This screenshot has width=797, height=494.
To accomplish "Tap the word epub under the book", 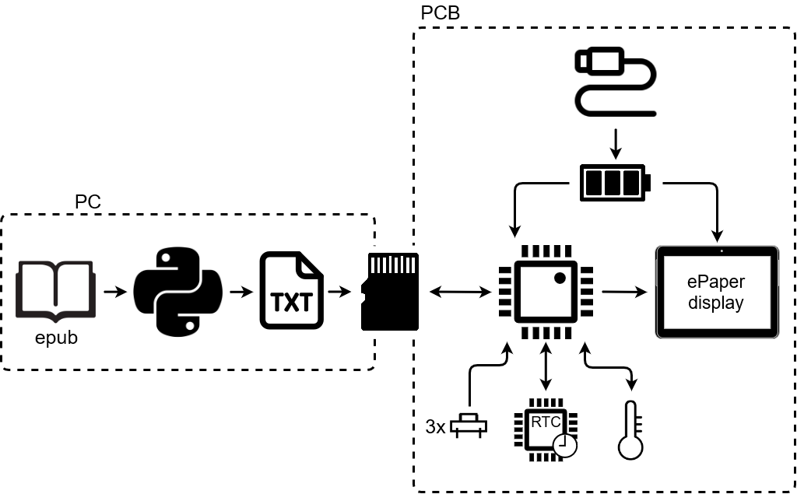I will (x=56, y=338).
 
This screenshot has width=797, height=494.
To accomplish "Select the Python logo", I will (x=177, y=291).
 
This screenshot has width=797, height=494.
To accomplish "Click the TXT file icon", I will (x=291, y=292).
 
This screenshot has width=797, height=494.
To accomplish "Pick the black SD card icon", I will (x=391, y=292).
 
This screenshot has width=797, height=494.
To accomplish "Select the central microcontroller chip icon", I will (x=546, y=292).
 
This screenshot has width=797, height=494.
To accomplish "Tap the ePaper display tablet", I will (x=717, y=293).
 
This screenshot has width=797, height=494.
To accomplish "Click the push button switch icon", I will (x=470, y=423).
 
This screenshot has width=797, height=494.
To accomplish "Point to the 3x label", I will (x=435, y=426).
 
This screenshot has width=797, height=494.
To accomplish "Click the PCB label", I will (x=440, y=13).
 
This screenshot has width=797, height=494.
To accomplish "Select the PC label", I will (x=88, y=202).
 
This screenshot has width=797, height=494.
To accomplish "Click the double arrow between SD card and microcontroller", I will (x=460, y=293).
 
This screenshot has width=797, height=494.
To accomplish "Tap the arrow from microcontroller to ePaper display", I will (x=624, y=293).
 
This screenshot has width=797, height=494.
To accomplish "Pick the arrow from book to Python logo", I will (x=114, y=292).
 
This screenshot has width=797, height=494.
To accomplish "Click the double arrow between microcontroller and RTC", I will (x=546, y=366).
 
